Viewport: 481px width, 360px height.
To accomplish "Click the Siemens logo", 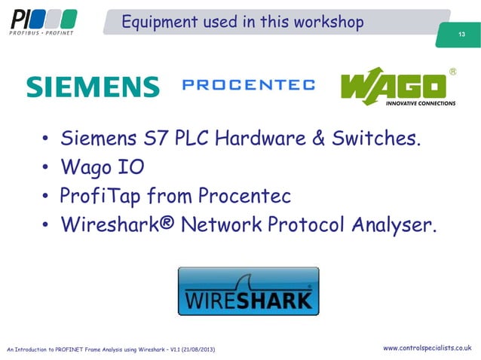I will coord(93,87).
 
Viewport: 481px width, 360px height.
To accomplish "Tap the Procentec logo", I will coord(249,85).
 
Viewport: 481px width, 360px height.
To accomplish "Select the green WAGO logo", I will coord(398,87).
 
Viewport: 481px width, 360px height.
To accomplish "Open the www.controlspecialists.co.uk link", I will coord(427,348).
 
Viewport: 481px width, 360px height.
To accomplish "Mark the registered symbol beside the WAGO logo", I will coord(453,72).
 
